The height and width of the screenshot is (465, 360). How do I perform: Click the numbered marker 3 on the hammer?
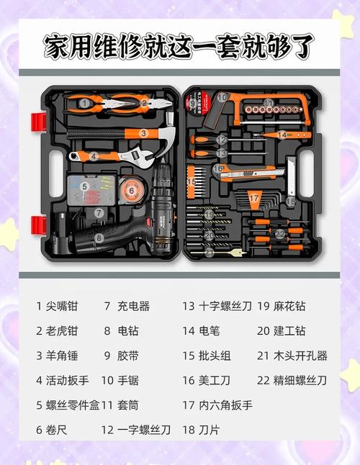(144, 133)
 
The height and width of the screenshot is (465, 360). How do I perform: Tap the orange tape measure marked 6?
(131, 191)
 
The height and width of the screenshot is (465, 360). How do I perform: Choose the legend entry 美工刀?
(216, 380)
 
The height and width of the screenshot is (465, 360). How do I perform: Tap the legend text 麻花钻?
(289, 306)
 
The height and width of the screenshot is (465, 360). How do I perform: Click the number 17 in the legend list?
(189, 405)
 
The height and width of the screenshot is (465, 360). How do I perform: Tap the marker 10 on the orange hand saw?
(223, 97)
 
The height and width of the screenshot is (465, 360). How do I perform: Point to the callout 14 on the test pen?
(283, 135)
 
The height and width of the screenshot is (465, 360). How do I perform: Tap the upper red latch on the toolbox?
(37, 119)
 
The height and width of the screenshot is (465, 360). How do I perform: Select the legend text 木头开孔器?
(300, 356)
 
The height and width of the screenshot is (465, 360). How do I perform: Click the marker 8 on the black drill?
(99, 236)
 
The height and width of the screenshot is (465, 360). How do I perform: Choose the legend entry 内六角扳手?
(226, 405)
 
